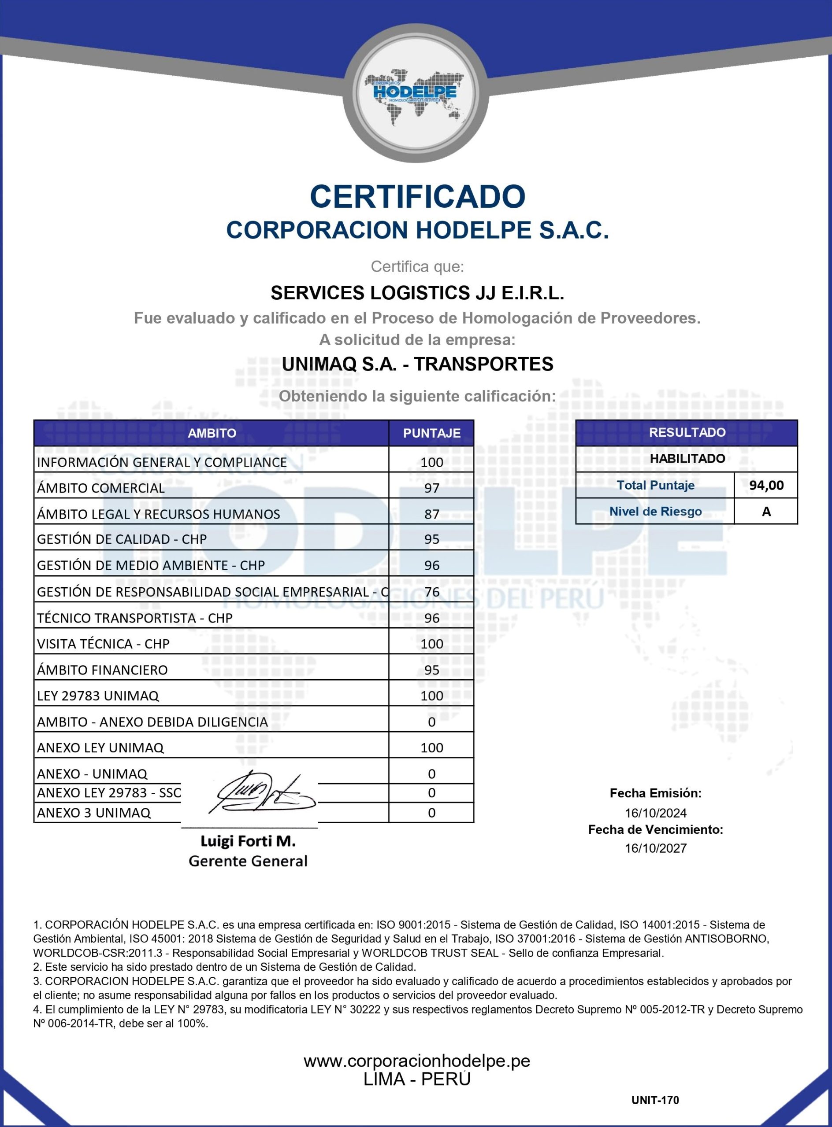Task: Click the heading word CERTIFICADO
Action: coord(417,196)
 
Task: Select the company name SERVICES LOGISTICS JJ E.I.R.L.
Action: coord(417,293)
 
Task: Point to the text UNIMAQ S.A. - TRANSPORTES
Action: coord(417,364)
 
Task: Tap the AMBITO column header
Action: coord(212,433)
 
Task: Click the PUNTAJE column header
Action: coord(431,433)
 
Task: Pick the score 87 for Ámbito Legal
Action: coord(431,514)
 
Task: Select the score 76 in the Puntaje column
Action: coord(431,592)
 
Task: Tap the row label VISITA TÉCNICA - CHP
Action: coord(103,644)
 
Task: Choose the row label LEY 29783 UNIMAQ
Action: coord(98,696)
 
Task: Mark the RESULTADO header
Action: coord(687,432)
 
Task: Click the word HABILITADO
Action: coord(687,458)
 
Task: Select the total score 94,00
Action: coord(766,485)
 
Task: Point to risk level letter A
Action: coord(766,511)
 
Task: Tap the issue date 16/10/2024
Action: coord(655,813)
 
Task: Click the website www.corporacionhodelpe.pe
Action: coord(416,1061)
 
